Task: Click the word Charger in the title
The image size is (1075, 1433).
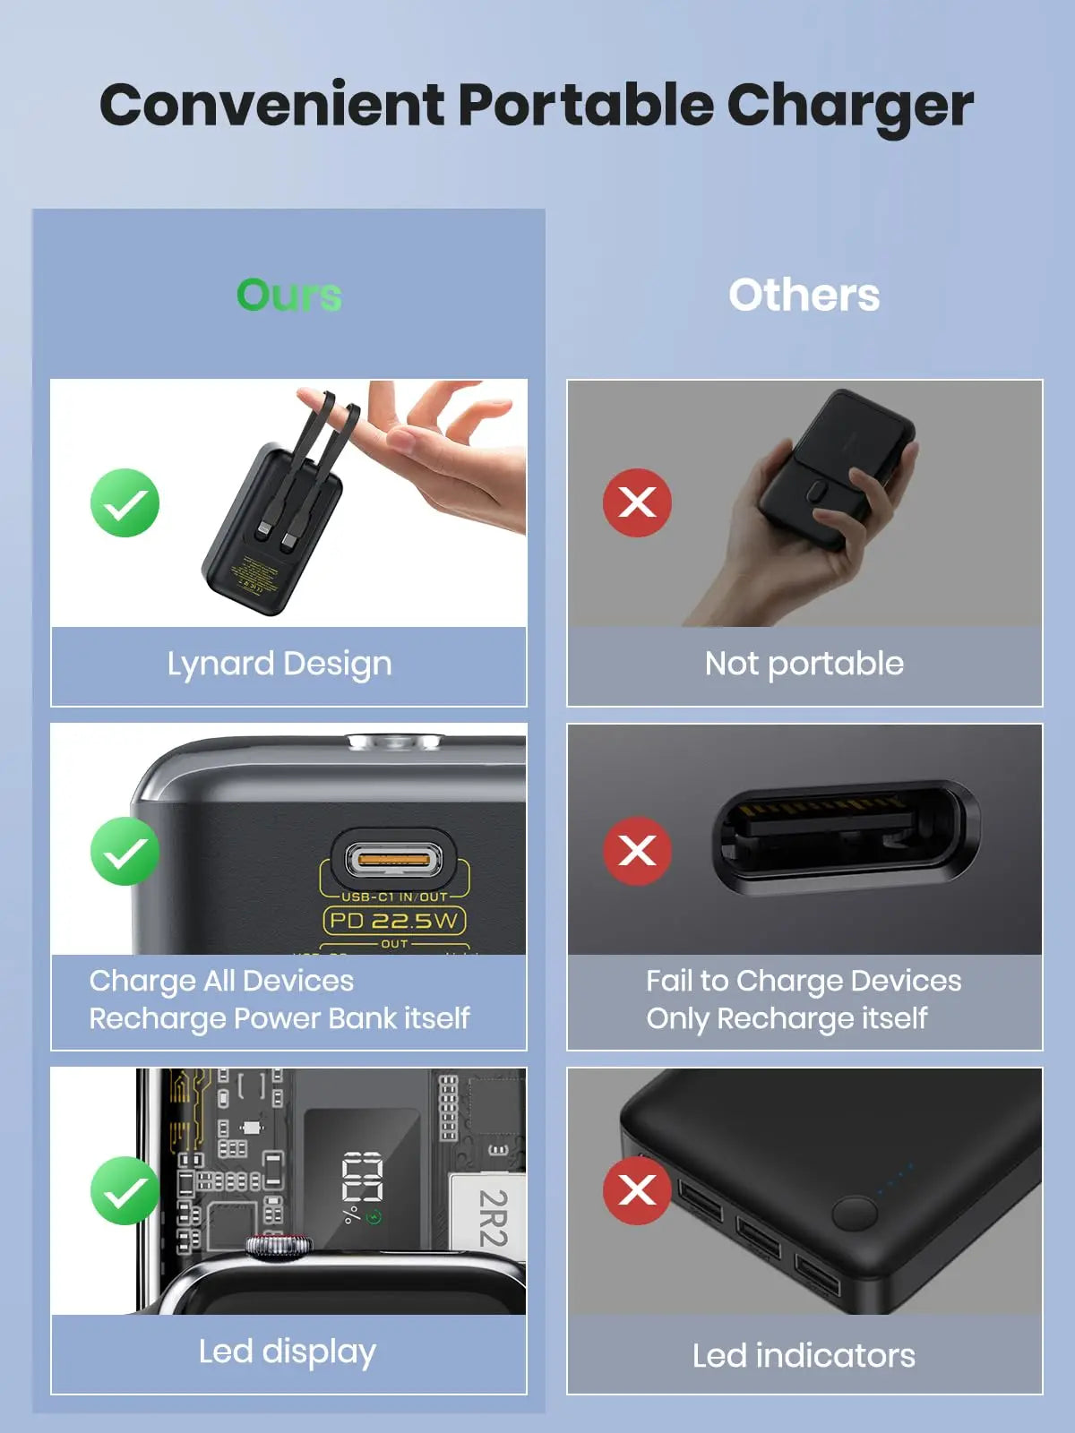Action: click(x=849, y=107)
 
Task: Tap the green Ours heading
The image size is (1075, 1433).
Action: click(x=288, y=295)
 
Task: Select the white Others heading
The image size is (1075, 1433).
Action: click(x=804, y=295)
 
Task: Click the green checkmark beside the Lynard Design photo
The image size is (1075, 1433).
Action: click(x=125, y=502)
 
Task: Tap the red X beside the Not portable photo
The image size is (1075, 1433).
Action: click(x=637, y=502)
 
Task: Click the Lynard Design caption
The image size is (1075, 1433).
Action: click(x=279, y=665)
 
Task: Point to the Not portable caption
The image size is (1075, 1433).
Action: click(x=804, y=665)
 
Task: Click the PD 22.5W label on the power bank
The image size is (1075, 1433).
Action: click(x=394, y=921)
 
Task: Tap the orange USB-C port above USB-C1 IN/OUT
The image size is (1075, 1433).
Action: click(x=394, y=862)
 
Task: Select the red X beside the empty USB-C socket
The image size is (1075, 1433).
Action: click(x=637, y=851)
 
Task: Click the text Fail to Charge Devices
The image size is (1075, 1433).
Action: click(x=804, y=981)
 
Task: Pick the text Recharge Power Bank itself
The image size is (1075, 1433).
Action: click(x=279, y=1018)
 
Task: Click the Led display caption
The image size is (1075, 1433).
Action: click(x=287, y=1351)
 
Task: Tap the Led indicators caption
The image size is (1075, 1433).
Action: click(x=804, y=1356)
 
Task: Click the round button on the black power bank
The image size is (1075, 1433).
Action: click(x=854, y=1214)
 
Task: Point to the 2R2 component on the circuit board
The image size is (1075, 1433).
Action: click(x=492, y=1218)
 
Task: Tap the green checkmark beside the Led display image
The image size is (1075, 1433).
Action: click(x=125, y=1190)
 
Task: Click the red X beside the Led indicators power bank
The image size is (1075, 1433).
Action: click(x=637, y=1190)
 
